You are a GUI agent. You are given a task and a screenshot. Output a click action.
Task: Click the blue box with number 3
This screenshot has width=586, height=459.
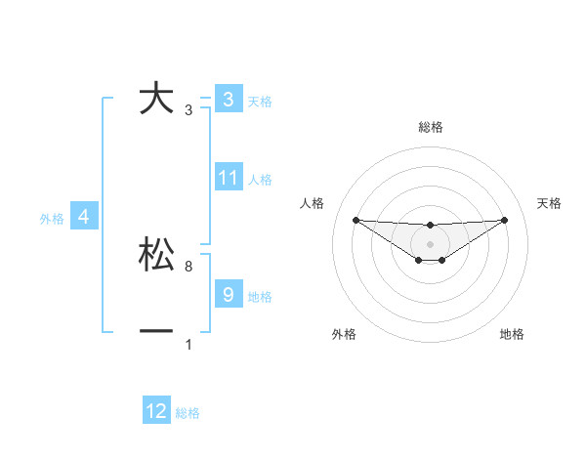pos(228,100)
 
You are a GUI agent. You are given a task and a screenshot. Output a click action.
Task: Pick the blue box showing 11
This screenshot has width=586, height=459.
pos(228,178)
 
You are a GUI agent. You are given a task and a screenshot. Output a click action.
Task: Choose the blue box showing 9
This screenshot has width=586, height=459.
pos(228,294)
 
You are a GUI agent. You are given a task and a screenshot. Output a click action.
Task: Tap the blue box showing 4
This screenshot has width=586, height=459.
pos(84,217)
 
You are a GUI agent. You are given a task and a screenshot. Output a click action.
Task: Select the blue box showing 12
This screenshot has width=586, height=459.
pos(156,411)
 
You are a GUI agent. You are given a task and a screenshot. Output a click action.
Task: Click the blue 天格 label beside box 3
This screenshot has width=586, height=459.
pos(260,102)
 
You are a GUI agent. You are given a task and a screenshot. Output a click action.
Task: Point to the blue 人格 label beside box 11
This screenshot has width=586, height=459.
pos(260,180)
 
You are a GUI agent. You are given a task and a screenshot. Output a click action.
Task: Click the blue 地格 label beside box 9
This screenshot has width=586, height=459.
pos(260,296)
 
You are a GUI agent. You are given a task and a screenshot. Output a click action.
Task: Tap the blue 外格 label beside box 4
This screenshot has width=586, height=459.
pos(52,219)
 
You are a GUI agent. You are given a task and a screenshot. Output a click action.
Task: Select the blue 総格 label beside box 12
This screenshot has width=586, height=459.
pos(188,413)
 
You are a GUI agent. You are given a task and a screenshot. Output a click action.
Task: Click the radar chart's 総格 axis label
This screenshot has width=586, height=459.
pos(430,127)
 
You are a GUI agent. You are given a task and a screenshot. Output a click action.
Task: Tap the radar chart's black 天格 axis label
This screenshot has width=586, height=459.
pos(549,203)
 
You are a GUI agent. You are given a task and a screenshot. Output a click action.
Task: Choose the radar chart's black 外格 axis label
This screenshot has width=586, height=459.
pos(344,334)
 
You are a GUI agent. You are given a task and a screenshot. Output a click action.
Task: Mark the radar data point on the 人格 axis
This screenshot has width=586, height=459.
pos(356,220)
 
